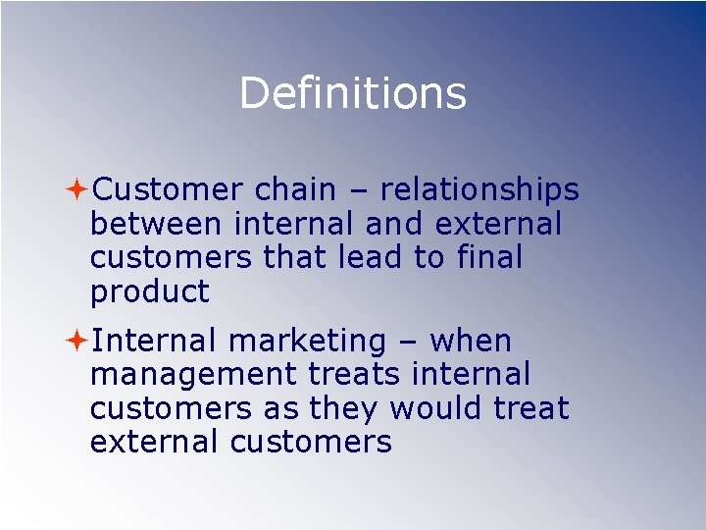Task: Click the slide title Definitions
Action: tap(352, 93)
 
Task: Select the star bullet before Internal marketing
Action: tap(77, 341)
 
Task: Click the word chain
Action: tap(298, 188)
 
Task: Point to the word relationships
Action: tap(479, 190)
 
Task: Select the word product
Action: tap(149, 292)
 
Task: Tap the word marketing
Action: tap(307, 343)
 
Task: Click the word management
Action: tap(192, 375)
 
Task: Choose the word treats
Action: tap(356, 375)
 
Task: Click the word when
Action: tap(471, 341)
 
